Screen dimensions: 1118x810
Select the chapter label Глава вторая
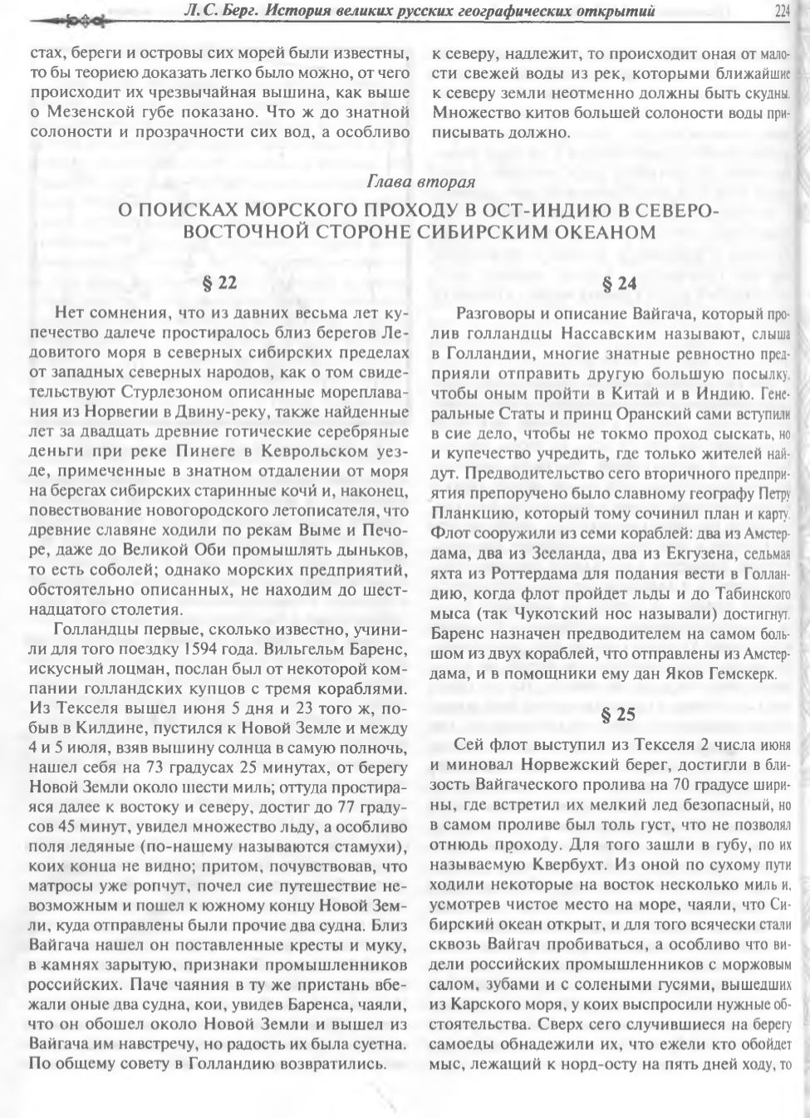[420, 182]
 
